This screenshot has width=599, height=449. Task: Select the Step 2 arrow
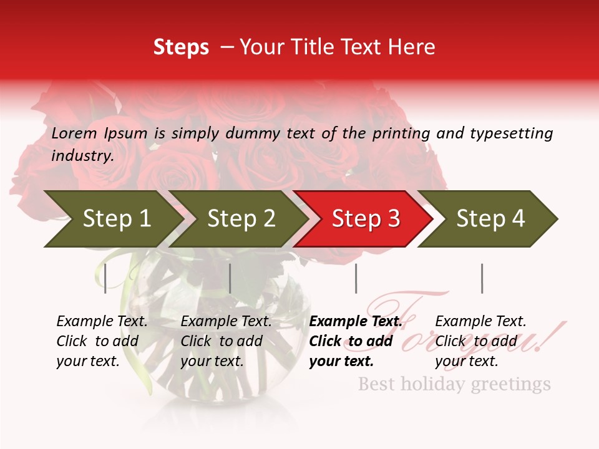[237, 219]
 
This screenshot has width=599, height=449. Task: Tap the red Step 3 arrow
[363, 219]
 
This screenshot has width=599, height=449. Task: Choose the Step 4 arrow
[487, 219]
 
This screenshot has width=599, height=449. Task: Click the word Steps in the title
[181, 47]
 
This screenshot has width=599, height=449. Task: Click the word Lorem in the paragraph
[72, 133]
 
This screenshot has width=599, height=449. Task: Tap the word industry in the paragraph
[82, 155]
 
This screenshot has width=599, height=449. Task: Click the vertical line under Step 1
[105, 278]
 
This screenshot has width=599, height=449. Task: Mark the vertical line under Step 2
[230, 278]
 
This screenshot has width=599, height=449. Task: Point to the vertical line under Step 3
[356, 278]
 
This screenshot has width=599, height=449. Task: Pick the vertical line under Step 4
[482, 278]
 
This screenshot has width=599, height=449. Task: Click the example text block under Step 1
[102, 341]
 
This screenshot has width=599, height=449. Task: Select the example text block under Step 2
[226, 341]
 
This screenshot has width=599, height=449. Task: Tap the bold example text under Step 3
[354, 341]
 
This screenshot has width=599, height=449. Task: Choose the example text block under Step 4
[480, 341]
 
